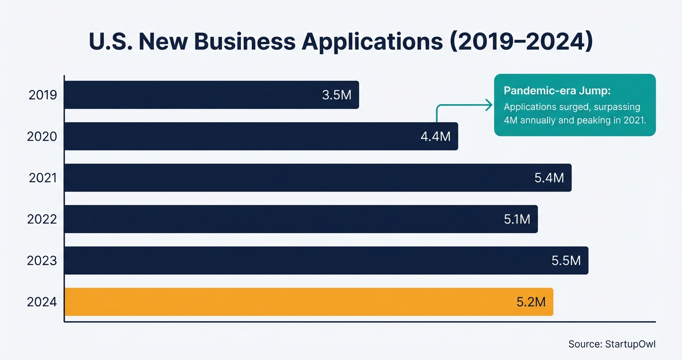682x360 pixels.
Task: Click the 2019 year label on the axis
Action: click(43, 95)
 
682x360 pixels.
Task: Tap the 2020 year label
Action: click(42, 136)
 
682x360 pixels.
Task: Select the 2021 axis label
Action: click(43, 178)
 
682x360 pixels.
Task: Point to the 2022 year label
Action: click(42, 219)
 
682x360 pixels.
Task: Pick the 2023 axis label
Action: click(42, 261)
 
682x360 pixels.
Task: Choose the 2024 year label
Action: click(42, 302)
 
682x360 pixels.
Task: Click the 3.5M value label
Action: click(337, 95)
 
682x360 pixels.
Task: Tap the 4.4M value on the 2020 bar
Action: click(435, 136)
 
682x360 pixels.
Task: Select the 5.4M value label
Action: click(549, 178)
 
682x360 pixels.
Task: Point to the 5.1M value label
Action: click(517, 219)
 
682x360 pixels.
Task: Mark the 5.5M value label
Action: click(566, 261)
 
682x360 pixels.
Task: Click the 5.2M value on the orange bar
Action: click(531, 302)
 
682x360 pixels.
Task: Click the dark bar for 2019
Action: click(192, 95)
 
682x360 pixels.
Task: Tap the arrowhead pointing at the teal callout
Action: click(489, 105)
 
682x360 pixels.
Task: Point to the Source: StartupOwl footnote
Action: click(612, 344)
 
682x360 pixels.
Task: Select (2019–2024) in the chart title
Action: click(520, 42)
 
